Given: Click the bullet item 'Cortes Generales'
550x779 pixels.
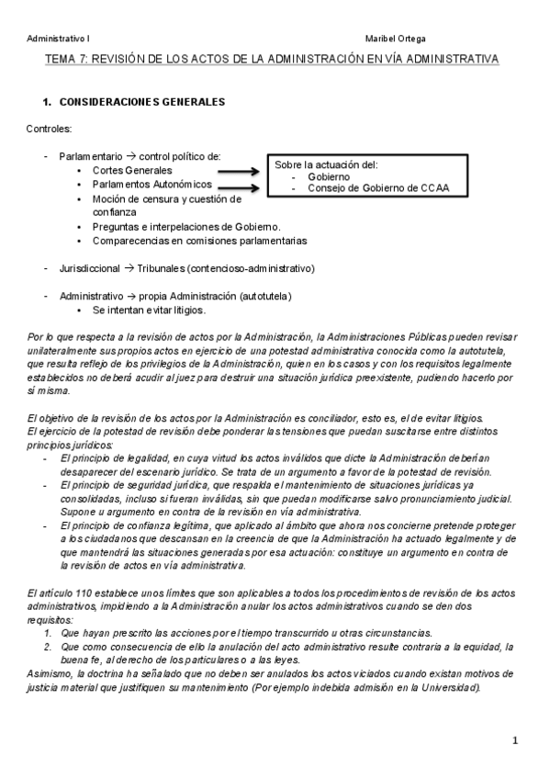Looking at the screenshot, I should point(132,170).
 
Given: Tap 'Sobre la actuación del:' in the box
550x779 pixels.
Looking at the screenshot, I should point(326,164).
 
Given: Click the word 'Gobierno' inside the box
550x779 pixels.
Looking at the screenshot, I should point(328,176).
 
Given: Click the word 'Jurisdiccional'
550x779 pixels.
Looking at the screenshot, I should point(89,268).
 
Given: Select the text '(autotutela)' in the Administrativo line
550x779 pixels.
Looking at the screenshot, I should point(264,296).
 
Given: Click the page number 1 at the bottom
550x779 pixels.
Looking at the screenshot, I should point(516,740).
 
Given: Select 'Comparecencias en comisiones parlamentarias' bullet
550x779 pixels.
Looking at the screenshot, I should point(199,241).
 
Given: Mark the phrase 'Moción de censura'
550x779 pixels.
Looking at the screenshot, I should point(137,198).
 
